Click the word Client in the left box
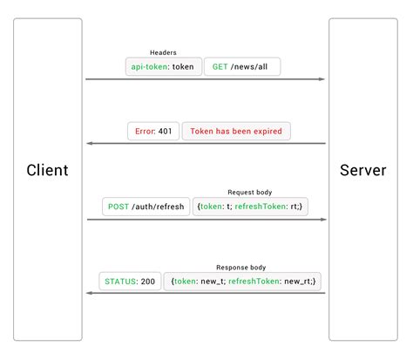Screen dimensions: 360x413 pyautogui.click(x=47, y=169)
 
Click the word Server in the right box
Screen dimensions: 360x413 pyautogui.click(x=362, y=169)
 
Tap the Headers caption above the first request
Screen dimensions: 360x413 pyautogui.click(x=163, y=52)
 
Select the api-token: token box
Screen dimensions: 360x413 pyautogui.click(x=164, y=66)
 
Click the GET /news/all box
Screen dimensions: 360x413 pyautogui.click(x=243, y=66)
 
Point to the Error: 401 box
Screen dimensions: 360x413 pyautogui.click(x=152, y=132)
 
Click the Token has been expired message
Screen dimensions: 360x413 pyautogui.click(x=236, y=132)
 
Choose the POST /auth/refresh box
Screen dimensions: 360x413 pyautogui.click(x=146, y=207)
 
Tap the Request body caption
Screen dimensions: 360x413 pyautogui.click(x=250, y=193)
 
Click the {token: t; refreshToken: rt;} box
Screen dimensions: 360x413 pyautogui.click(x=250, y=207)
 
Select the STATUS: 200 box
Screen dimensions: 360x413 pyautogui.click(x=130, y=282)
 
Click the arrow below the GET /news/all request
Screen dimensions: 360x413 pyautogui.click(x=206, y=79)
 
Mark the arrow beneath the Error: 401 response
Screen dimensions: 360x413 pyautogui.click(x=206, y=144)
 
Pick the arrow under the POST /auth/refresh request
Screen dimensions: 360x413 pyautogui.click(x=206, y=220)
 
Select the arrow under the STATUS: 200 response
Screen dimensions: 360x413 pyautogui.click(x=206, y=294)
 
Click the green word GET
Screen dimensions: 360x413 pyautogui.click(x=220, y=66)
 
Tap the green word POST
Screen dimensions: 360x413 pyautogui.click(x=118, y=207)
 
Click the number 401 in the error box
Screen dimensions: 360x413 pyautogui.click(x=166, y=132)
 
